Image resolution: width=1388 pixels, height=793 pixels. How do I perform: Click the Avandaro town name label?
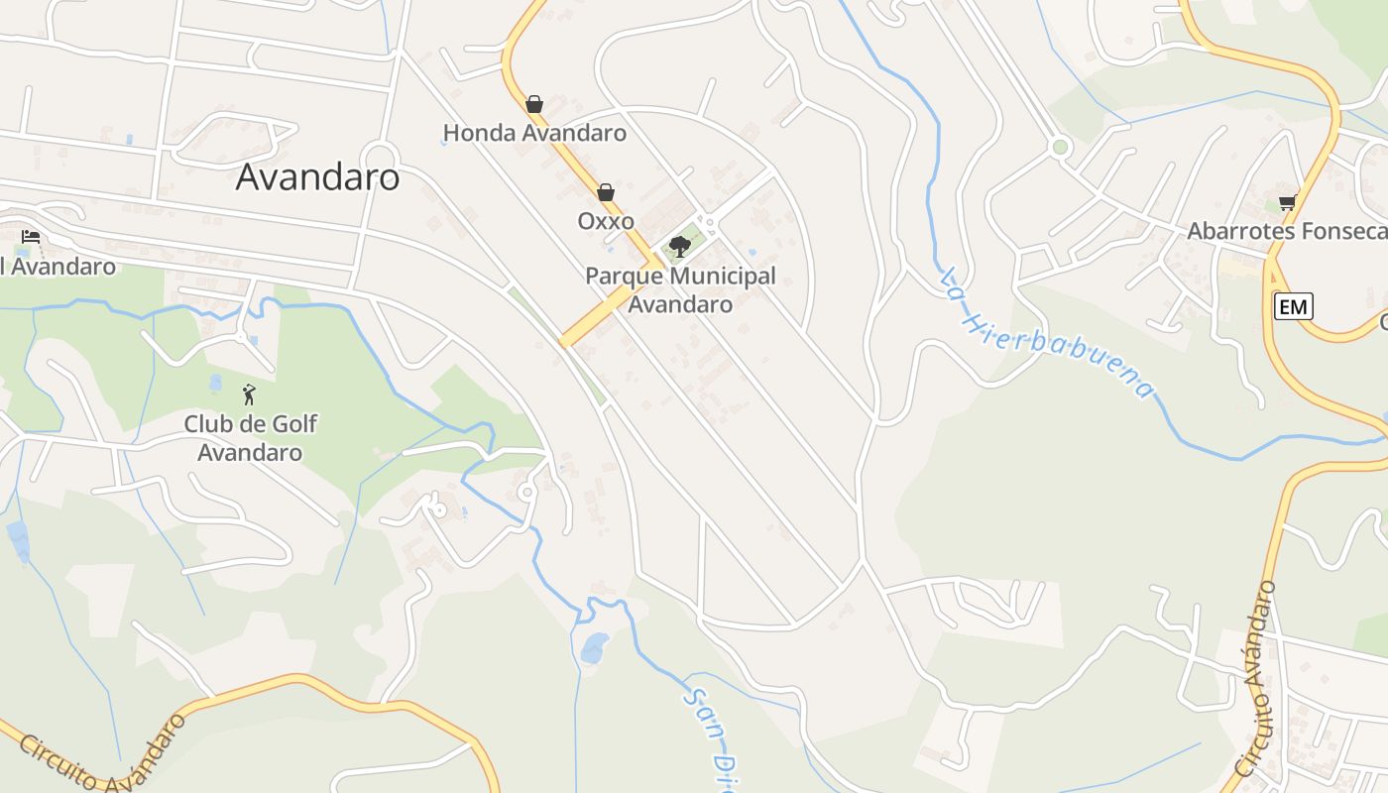(x=317, y=177)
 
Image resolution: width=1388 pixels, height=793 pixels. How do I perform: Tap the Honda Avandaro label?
(x=534, y=133)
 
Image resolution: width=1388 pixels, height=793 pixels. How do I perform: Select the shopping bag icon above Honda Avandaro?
(x=534, y=104)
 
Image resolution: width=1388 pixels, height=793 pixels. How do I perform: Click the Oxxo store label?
(x=606, y=221)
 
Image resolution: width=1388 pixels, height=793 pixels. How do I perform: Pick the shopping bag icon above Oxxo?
(x=606, y=192)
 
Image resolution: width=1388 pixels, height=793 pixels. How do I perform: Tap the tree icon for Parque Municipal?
(x=680, y=246)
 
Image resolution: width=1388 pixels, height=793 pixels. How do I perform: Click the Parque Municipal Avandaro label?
(x=680, y=289)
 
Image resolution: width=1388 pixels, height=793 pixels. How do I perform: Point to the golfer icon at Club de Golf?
(x=249, y=396)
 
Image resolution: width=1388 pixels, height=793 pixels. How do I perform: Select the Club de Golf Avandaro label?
(x=250, y=438)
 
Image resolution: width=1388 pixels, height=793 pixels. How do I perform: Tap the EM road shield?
(x=1293, y=307)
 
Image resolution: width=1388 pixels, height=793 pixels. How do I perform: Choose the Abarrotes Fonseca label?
(x=1287, y=232)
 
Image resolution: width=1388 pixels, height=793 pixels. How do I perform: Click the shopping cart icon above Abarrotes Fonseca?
(x=1287, y=203)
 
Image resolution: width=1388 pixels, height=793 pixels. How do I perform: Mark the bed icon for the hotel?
(x=31, y=237)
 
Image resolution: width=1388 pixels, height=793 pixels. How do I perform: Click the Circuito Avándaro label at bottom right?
(x=1255, y=679)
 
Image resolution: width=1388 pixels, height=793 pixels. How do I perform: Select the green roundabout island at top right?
(x=1061, y=148)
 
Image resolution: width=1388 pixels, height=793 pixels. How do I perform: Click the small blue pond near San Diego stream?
(x=595, y=648)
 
